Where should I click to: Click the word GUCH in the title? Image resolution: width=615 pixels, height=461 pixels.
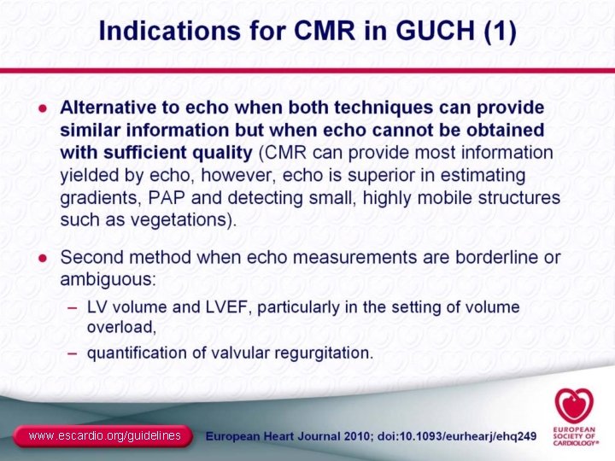(434, 32)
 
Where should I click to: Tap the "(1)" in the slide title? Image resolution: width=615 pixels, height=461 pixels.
(499, 32)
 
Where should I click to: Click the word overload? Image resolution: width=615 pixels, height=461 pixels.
(120, 326)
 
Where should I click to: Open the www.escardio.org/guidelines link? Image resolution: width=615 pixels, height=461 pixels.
(104, 436)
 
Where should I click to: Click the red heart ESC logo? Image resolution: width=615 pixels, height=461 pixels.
(571, 406)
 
